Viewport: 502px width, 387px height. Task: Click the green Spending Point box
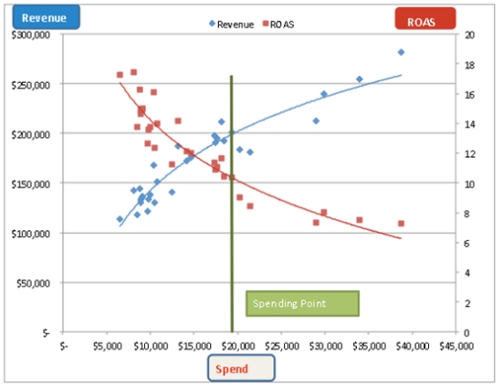point(302,303)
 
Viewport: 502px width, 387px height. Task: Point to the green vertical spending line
point(232,204)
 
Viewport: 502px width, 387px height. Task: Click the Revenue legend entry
point(231,25)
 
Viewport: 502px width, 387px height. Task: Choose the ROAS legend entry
point(278,25)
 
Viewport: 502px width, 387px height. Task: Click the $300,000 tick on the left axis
point(31,35)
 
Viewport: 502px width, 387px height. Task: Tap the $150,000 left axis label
point(31,184)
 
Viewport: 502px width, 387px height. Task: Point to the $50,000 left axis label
point(33,283)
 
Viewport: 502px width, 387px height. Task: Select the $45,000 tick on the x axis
point(456,346)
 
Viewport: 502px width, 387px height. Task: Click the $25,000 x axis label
point(282,346)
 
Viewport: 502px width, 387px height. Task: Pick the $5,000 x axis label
point(108,346)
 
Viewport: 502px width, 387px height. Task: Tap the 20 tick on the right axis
point(469,35)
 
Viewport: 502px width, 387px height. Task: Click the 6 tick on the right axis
point(466,244)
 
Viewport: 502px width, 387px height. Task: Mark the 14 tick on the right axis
point(469,124)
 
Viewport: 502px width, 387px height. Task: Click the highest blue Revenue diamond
point(402,52)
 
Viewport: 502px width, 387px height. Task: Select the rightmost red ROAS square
point(402,224)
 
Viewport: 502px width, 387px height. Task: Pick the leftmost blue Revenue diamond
point(120,219)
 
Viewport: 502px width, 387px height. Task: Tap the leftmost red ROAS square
point(120,75)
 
